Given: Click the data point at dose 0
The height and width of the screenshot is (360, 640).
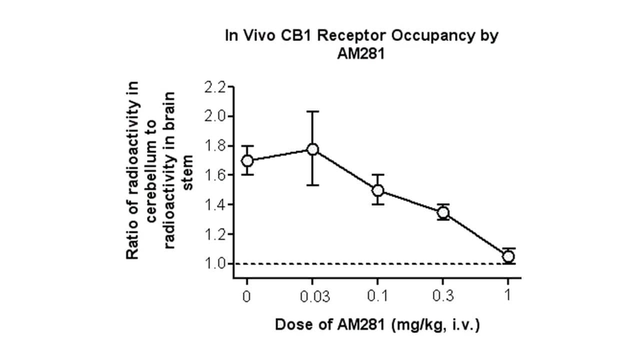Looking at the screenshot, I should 247,160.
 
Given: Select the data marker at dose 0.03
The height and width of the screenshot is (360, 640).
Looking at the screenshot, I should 313,149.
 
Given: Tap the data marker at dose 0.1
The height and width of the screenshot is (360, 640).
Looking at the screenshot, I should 378,190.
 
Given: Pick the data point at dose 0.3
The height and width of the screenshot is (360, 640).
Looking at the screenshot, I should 443,212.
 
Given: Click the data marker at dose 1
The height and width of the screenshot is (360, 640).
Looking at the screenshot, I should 508,256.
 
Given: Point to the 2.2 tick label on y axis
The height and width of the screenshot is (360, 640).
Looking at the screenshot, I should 215,87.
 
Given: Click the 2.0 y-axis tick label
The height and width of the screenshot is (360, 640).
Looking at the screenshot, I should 215,116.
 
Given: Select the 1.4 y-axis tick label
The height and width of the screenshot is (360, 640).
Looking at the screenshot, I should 215,205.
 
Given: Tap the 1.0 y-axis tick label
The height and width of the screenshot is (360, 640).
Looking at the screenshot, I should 215,264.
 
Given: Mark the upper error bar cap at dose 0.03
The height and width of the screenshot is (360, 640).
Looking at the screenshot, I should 313,111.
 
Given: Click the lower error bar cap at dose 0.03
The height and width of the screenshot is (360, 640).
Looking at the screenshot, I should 313,185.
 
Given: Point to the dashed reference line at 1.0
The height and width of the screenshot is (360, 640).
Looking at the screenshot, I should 350,264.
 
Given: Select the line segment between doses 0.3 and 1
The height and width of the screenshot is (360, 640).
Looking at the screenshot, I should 475,234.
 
